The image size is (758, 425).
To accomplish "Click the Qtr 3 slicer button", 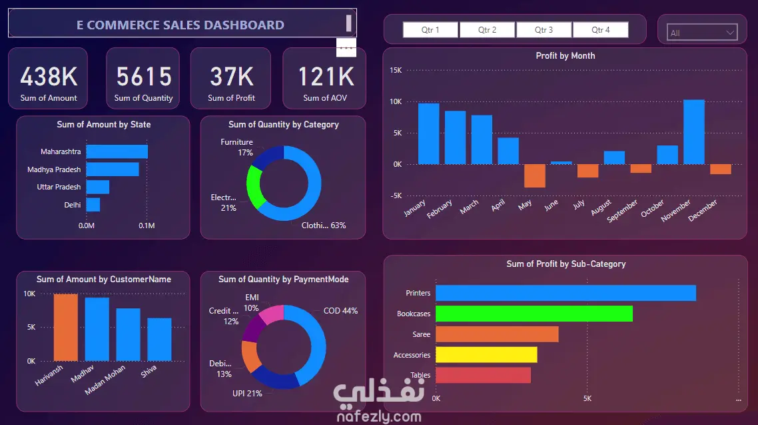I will click(x=544, y=30).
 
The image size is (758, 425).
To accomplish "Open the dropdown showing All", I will click(x=702, y=33).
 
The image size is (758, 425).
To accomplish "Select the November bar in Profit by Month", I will click(x=694, y=131).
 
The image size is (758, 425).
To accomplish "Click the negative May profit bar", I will click(x=534, y=175).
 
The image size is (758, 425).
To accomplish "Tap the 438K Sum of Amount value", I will click(x=49, y=77).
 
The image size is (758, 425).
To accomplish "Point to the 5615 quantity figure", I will click(x=144, y=77).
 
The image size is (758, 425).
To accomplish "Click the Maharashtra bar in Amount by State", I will click(x=117, y=151).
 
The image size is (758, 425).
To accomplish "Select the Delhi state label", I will click(x=73, y=205).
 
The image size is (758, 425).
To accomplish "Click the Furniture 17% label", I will click(x=236, y=147).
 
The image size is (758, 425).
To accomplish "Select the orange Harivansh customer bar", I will click(x=66, y=327).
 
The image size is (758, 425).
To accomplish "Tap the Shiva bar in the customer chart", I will click(x=159, y=339).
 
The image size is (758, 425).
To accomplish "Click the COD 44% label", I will click(x=340, y=311).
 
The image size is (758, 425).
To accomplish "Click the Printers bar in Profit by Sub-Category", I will click(x=566, y=293).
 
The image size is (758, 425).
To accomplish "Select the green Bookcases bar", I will click(x=534, y=314).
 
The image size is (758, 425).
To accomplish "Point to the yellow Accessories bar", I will click(x=486, y=355).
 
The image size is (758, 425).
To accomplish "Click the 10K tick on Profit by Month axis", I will click(x=395, y=101).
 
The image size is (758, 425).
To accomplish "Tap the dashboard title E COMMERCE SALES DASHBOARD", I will click(x=181, y=25).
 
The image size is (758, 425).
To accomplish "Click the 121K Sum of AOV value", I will click(x=326, y=77).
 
